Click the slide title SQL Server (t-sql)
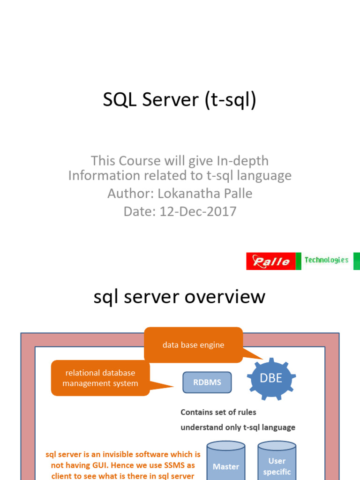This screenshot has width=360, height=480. click(180, 100)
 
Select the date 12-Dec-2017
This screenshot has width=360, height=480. click(198, 211)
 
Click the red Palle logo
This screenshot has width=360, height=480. click(271, 261)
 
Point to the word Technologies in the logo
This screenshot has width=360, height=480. click(326, 260)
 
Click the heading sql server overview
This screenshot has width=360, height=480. click(180, 297)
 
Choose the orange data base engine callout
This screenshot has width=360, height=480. click(193, 345)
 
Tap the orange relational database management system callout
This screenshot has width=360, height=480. click(100, 378)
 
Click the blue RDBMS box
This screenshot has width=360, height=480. click(207, 382)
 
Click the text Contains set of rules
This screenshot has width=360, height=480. click(218, 412)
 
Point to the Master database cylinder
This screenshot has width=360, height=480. click(226, 464)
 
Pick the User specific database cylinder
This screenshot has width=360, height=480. click(277, 464)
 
